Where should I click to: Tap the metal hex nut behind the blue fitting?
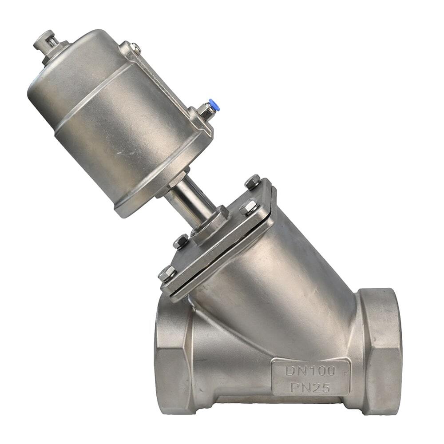(206, 111)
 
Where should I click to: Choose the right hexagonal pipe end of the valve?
(380, 351)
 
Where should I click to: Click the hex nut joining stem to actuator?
(178, 180)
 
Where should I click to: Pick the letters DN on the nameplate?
(295, 370)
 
